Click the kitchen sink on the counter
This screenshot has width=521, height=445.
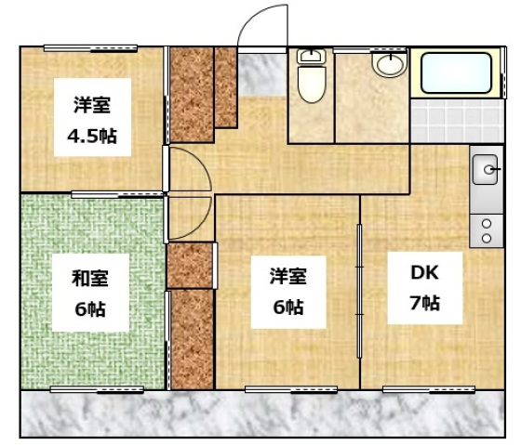click(x=486, y=171)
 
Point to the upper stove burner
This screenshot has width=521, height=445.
click(x=486, y=224)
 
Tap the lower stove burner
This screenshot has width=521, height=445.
click(x=486, y=239)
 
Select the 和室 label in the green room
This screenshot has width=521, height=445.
click(x=90, y=276)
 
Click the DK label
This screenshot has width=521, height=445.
click(x=424, y=273)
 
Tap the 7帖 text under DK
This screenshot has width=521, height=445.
click(x=424, y=303)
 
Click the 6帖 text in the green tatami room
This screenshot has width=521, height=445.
click(x=90, y=307)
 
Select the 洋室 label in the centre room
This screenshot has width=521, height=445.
click(x=288, y=276)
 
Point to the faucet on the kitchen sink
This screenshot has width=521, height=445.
click(x=492, y=171)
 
